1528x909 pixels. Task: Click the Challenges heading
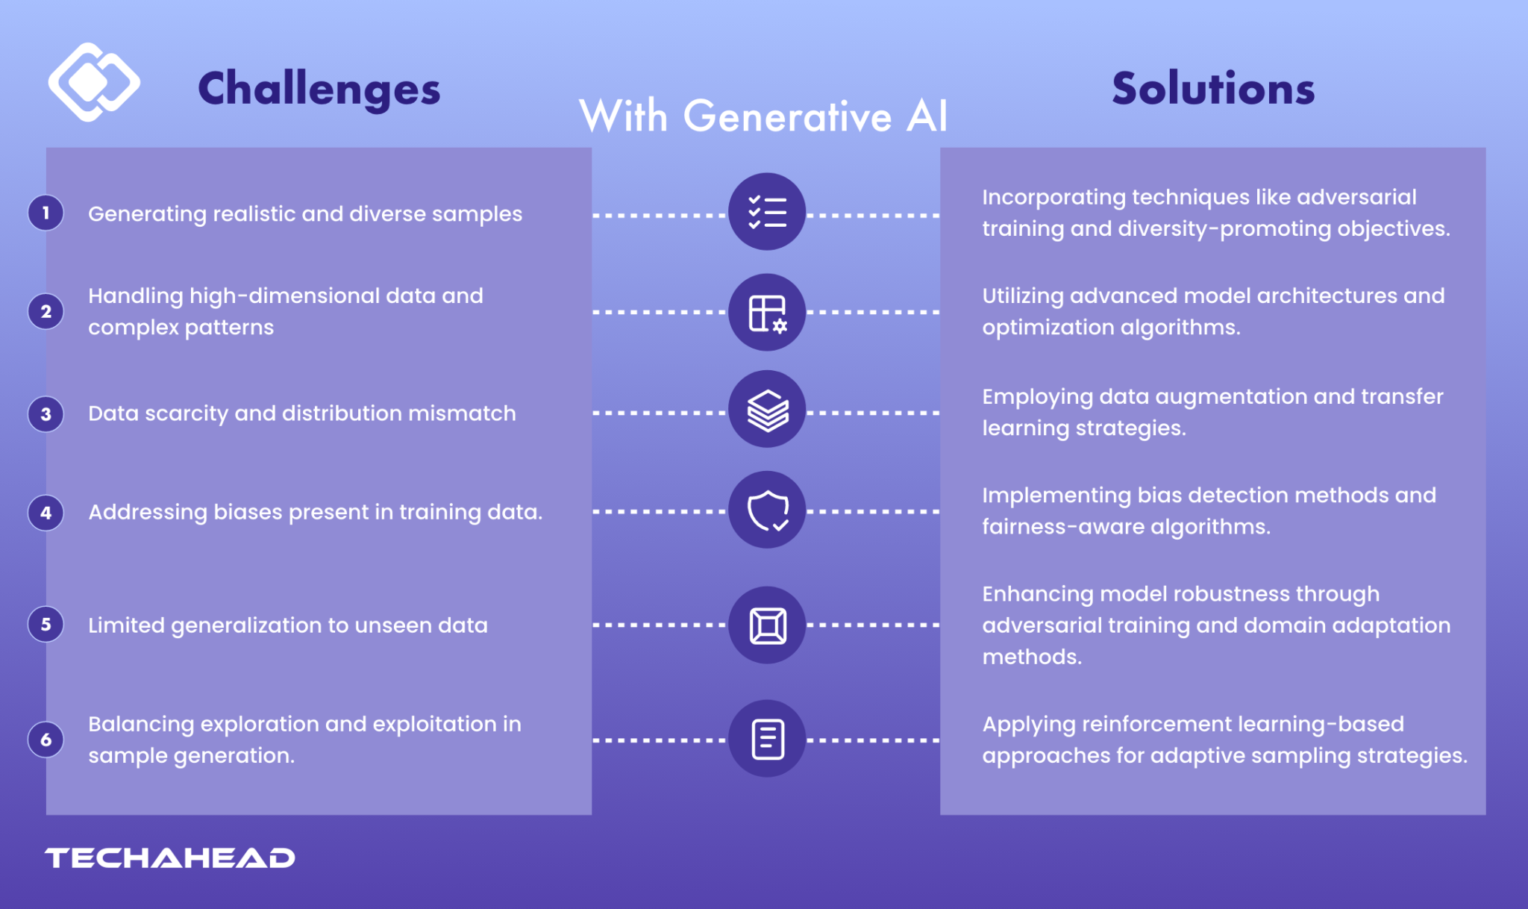point(319,89)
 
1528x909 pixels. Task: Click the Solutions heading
point(1213,89)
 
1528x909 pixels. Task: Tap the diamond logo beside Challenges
point(93,82)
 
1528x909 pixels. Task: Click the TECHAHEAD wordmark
point(170,858)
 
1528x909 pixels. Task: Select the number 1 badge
point(46,213)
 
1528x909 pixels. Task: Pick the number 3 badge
point(46,413)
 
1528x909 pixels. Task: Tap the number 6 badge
point(46,740)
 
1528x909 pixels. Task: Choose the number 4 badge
point(46,513)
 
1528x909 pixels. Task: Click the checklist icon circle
point(767,212)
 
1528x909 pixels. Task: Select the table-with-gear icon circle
point(767,313)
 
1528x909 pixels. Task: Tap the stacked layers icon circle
point(767,410)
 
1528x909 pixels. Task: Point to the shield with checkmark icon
point(767,510)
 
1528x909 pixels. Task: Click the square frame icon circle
point(767,625)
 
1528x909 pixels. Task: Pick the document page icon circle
point(767,739)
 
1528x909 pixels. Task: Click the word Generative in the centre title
point(787,117)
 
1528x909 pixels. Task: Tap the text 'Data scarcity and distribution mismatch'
point(302,413)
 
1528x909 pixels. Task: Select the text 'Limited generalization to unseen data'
point(288,625)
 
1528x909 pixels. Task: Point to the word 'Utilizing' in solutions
point(1023,296)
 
